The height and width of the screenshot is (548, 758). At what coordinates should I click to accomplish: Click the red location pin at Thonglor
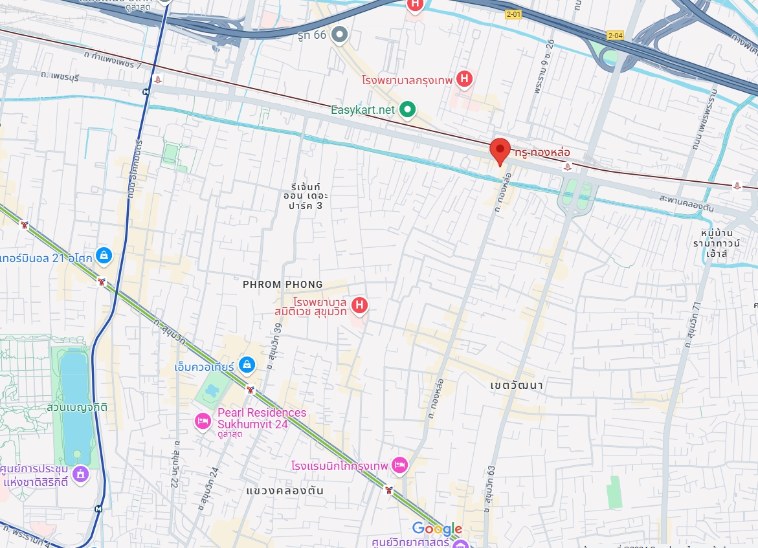point(499,151)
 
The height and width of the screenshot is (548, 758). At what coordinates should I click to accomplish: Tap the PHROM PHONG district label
point(282,285)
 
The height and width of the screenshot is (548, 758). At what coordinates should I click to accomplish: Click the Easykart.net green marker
point(407,109)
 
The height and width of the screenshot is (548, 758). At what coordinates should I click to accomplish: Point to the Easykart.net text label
point(362,110)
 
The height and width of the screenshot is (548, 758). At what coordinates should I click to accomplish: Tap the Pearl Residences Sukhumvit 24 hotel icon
point(203,421)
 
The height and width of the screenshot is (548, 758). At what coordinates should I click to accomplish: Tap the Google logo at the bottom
point(437,529)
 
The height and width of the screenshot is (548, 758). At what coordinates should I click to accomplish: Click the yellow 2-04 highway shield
point(615,36)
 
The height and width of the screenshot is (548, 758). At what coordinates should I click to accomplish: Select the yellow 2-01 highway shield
point(513,14)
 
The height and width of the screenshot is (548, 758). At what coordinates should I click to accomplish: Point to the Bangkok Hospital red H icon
point(463,80)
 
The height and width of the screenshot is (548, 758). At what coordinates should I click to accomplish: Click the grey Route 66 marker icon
point(339,35)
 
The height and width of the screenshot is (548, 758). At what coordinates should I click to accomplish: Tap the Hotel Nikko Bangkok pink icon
point(400,465)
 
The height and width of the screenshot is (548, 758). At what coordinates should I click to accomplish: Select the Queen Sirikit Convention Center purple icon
point(80,474)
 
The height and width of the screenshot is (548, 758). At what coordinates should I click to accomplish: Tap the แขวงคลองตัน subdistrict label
point(285,491)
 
